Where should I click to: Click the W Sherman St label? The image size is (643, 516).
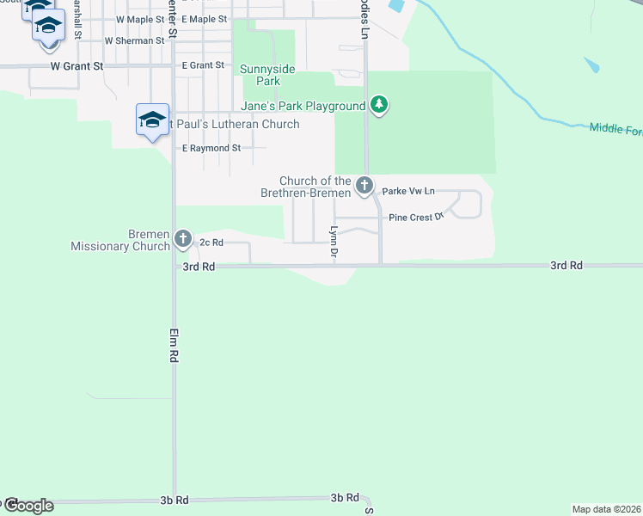click(134, 40)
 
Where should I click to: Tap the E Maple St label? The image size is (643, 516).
click(205, 19)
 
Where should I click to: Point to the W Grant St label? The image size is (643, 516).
click(77, 65)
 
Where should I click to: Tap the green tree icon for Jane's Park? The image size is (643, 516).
click(379, 106)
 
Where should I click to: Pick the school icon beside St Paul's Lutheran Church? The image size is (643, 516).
click(151, 120)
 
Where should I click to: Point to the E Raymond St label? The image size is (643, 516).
click(211, 148)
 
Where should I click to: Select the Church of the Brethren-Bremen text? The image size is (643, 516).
click(315, 187)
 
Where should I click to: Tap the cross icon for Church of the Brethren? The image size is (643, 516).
click(364, 184)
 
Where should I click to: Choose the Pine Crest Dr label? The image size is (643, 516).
click(415, 218)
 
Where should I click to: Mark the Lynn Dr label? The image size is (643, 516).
click(334, 242)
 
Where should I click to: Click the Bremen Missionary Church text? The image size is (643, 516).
click(120, 240)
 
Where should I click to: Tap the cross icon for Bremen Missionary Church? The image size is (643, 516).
click(182, 238)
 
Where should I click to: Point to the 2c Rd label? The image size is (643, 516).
click(211, 243)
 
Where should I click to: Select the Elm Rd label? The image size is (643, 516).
click(174, 343)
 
